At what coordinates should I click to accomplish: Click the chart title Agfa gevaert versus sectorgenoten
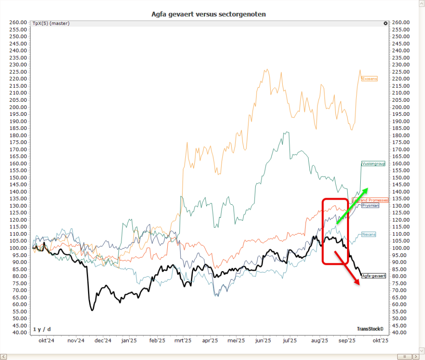209,14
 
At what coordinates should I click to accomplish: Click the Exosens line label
369,78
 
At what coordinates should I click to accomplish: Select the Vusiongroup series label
373,164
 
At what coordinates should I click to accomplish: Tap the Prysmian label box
370,205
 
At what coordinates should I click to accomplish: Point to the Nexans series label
369,235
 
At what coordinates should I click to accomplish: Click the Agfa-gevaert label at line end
374,276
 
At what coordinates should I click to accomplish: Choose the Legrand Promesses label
370,200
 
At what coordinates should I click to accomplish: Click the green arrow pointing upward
352,206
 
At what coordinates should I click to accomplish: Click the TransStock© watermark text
370,328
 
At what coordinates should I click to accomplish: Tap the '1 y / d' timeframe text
42,329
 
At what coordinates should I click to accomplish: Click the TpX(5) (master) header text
51,23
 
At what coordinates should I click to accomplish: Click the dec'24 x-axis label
103,340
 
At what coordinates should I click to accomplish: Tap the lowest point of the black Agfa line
92,310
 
